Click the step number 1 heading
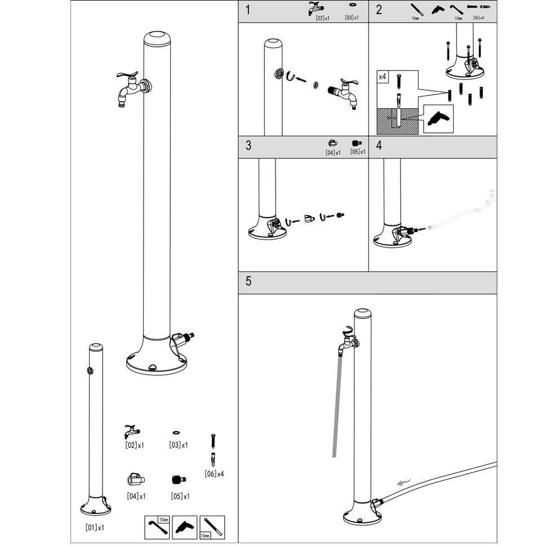[x=248, y=10]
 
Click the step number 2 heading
[x=379, y=10]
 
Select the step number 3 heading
[x=248, y=145]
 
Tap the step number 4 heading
[x=379, y=145]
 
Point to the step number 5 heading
[x=248, y=281]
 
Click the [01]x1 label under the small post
[x=95, y=528]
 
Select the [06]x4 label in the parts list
[x=214, y=473]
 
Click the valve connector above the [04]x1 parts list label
[x=135, y=480]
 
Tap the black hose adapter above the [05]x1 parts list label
[x=179, y=480]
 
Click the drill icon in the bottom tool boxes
[x=184, y=527]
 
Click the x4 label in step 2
[x=382, y=76]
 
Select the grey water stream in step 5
[x=337, y=406]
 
